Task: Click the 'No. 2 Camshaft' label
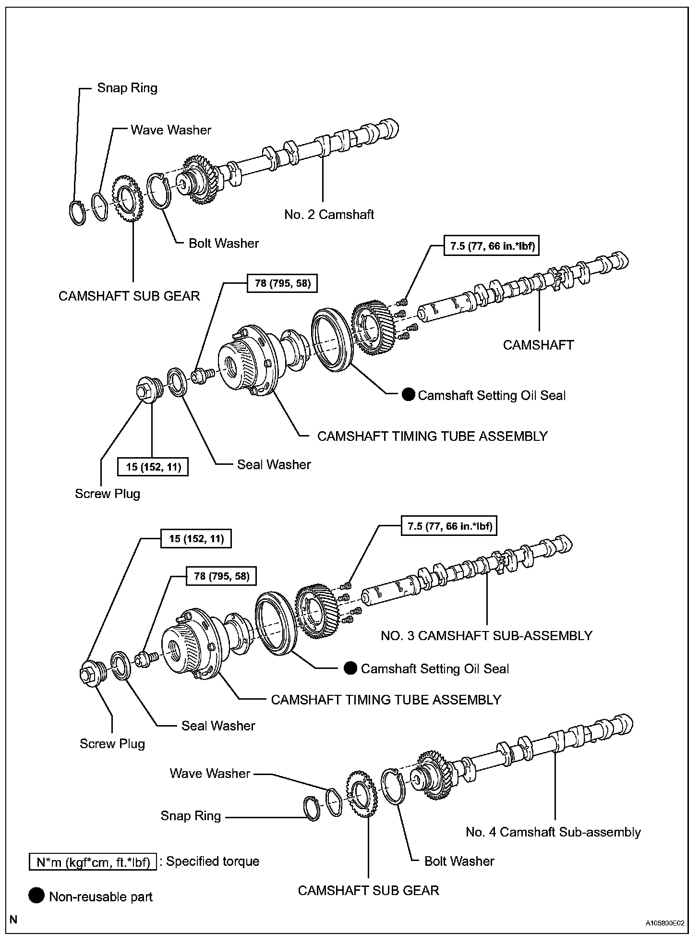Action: pos(329,214)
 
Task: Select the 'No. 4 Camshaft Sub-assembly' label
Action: pos(553,832)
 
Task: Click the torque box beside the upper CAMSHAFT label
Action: pos(492,246)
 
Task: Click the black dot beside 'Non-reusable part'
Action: pos(36,896)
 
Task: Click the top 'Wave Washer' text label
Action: pos(171,130)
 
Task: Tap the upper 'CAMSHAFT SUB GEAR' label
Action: pos(129,296)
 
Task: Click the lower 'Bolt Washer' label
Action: pos(459,861)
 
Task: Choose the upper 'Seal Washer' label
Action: pos(274,464)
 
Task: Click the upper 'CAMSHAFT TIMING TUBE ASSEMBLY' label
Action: pos(432,436)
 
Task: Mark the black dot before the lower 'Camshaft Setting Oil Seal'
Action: pos(351,668)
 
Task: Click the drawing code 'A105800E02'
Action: pos(665,923)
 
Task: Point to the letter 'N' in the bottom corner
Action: pos(13,920)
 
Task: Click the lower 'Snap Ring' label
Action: pos(191,816)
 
